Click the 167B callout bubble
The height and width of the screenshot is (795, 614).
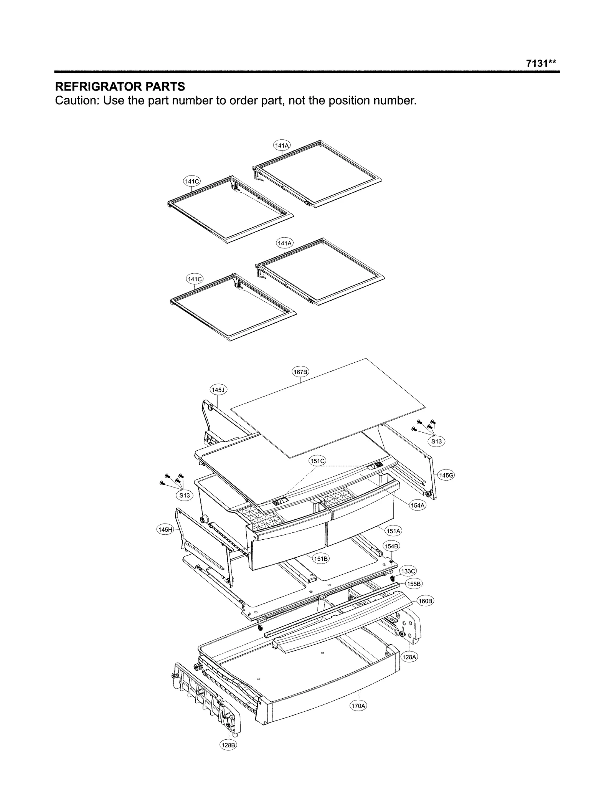(300, 372)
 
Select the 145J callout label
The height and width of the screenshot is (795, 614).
(218, 390)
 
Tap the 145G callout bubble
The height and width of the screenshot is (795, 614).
(446, 475)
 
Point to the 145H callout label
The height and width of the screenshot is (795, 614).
(165, 530)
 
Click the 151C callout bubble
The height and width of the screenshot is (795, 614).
(317, 461)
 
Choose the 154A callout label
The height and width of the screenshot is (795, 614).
(418, 506)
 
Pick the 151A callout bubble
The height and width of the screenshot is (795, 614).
(393, 531)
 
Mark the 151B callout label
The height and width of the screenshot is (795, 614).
(321, 559)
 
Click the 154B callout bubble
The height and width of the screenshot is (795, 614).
(391, 546)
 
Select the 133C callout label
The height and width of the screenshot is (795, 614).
(408, 571)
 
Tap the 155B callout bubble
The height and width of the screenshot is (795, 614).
(414, 584)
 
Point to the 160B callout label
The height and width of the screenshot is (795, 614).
(425, 601)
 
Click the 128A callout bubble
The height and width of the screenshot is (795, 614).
(409, 657)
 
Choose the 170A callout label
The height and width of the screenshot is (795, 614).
(358, 706)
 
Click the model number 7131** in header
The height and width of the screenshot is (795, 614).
(541, 64)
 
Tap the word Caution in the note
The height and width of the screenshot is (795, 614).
(77, 101)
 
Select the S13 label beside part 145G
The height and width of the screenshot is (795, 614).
(436, 441)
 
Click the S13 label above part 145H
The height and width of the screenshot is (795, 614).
(185, 495)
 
